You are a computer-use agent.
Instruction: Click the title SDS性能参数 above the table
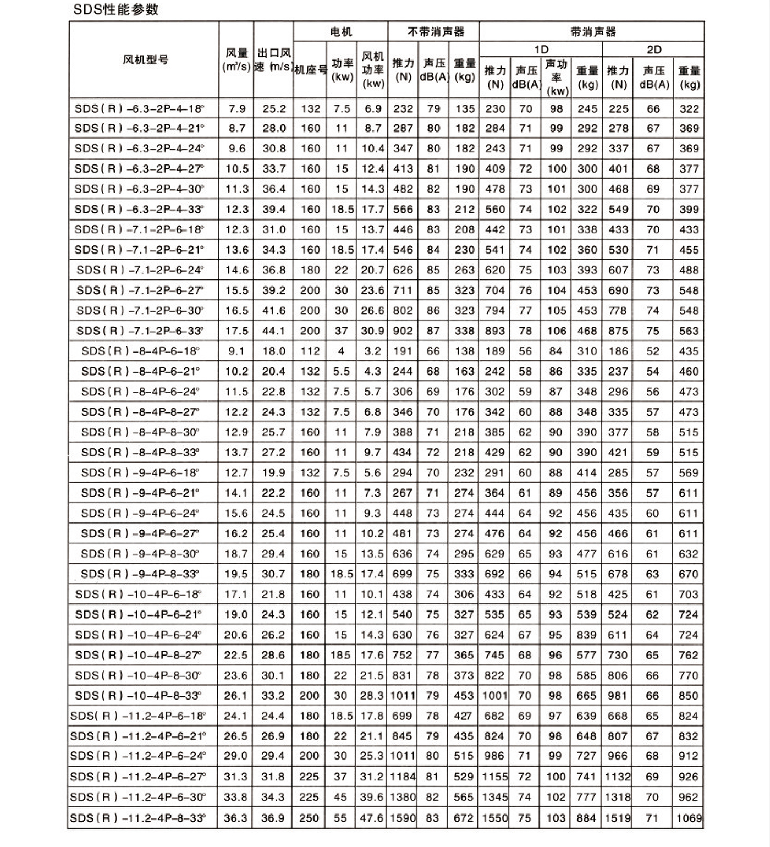point(116,10)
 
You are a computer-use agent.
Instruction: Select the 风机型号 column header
point(145,60)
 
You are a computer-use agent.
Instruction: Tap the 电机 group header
point(340,32)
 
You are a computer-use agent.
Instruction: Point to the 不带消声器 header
point(435,32)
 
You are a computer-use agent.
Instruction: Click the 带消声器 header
point(593,32)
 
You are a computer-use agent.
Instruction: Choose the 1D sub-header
point(541,50)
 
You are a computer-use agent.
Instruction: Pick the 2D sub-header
point(654,50)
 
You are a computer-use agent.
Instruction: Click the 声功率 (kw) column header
point(556,78)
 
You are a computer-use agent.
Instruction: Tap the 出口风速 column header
point(273,60)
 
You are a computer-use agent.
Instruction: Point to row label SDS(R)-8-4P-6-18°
point(140,351)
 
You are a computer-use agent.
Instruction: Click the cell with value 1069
point(689,818)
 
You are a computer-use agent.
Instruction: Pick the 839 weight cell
point(586,635)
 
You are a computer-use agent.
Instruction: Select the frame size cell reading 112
point(310,351)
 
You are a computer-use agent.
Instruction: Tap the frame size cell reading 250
point(309,818)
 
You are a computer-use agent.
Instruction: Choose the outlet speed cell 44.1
point(273,331)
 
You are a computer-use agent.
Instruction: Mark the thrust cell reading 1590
point(403,818)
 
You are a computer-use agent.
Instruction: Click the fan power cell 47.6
point(372,818)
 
